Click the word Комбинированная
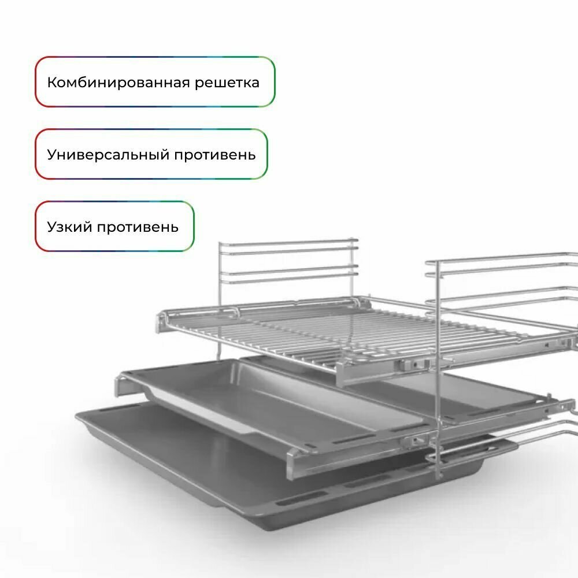(118, 82)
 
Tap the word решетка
(227, 83)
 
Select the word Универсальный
(108, 155)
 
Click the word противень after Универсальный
(215, 155)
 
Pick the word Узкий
(69, 227)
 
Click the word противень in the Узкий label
(138, 227)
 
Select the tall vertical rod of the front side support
(438, 369)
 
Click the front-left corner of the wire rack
(160, 324)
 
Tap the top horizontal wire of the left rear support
(288, 242)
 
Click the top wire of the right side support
(501, 257)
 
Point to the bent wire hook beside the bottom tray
(501, 441)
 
